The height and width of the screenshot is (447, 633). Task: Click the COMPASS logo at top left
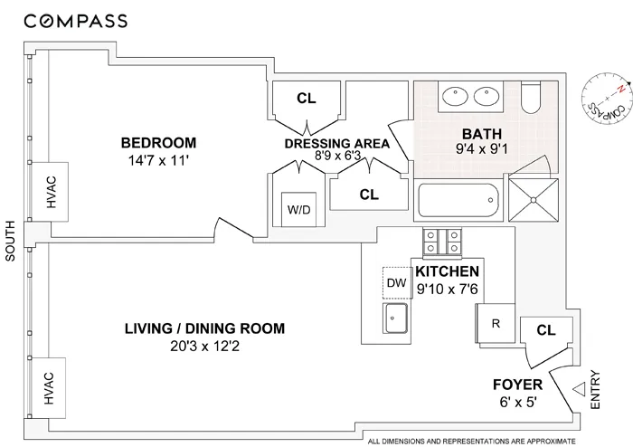(76, 20)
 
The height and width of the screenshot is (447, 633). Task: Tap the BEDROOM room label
(159, 143)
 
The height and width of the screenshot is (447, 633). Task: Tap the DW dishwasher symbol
(396, 282)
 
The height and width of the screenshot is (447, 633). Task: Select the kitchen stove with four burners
(442, 243)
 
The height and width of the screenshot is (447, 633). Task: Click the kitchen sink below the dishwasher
(396, 318)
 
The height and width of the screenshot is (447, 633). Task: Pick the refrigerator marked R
(495, 320)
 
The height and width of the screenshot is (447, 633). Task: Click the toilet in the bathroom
(534, 99)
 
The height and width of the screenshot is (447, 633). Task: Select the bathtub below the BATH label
(458, 199)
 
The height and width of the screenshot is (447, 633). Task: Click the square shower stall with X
(530, 196)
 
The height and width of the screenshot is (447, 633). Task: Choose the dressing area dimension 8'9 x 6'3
(336, 156)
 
